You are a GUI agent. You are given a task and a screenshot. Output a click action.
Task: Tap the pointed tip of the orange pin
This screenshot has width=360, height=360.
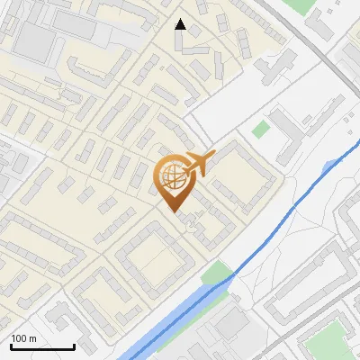[x=173, y=211]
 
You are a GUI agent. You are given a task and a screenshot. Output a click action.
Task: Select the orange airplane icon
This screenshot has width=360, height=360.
[x=199, y=164]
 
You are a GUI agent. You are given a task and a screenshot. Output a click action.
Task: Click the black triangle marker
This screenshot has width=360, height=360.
[x=181, y=25]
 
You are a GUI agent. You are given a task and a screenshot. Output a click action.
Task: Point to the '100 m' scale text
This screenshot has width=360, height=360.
[x=24, y=338]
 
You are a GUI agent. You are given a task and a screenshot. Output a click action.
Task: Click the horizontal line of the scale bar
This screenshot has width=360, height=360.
[x=42, y=346]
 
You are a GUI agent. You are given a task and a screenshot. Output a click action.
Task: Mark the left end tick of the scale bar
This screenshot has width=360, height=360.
[x=11, y=346]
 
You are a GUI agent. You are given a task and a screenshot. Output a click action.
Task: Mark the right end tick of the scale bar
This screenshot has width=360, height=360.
[x=74, y=346]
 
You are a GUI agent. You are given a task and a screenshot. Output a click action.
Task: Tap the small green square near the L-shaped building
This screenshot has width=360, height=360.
[x=260, y=129]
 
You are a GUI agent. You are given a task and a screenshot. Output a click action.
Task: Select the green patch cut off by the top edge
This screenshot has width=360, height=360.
[x=297, y=4]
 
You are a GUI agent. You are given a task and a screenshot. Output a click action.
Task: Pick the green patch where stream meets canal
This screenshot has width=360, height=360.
[x=216, y=271]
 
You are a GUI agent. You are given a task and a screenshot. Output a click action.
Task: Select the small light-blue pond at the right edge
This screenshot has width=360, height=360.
[x=331, y=165]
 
